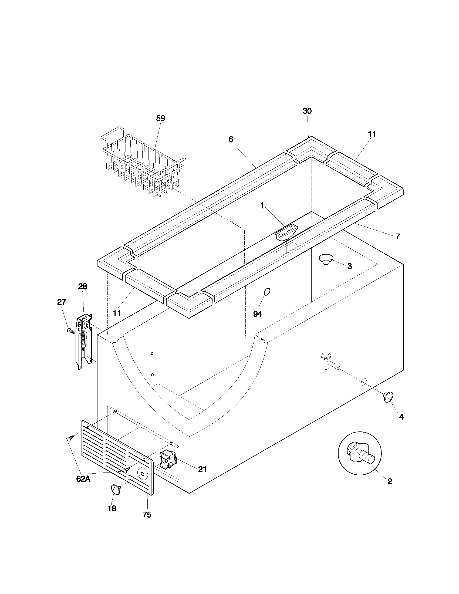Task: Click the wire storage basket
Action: pos(143,162)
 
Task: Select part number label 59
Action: pos(160,119)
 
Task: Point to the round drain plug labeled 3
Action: pos(326,259)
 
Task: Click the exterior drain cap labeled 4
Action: pos(388,397)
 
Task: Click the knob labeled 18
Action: pos(116,489)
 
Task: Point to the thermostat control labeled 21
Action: pos(168,459)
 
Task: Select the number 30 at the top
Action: pos(307,111)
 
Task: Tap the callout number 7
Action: pos(397,237)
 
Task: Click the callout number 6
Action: pos(231,139)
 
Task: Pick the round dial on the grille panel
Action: pos(142,474)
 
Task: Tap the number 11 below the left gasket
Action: pos(117,313)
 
